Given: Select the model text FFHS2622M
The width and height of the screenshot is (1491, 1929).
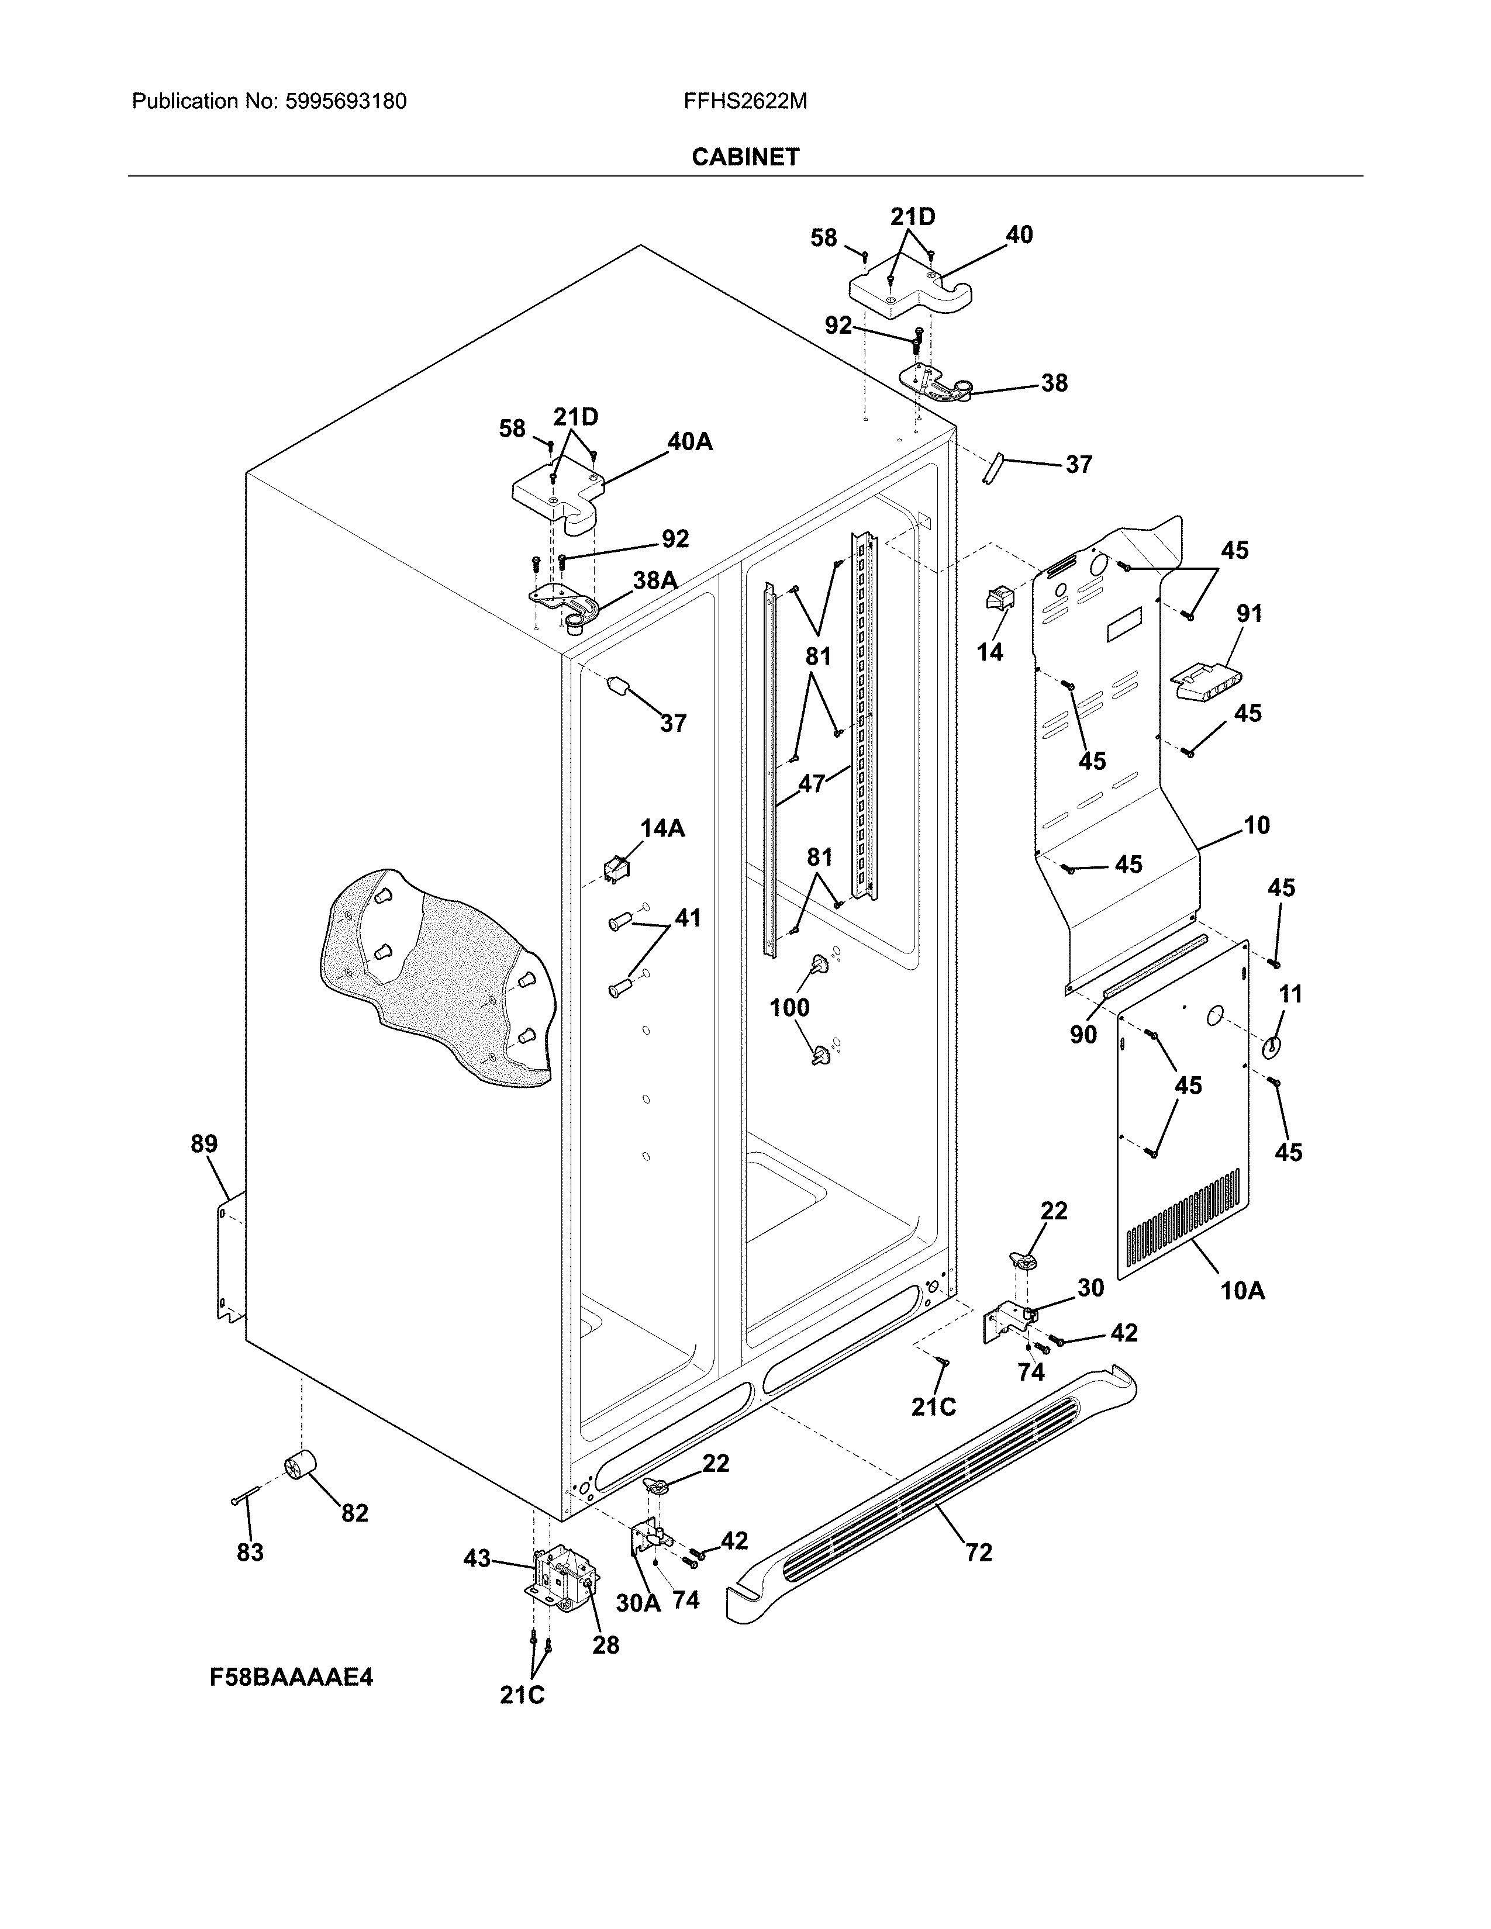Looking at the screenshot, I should click(744, 102).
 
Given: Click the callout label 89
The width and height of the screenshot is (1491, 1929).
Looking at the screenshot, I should click(204, 1144).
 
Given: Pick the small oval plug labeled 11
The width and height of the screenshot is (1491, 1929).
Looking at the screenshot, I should click(1270, 1047).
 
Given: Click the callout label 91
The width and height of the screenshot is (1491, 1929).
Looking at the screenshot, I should click(1249, 613).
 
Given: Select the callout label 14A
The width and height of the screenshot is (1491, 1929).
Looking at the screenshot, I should click(662, 828).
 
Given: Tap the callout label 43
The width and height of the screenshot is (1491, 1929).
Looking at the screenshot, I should click(477, 1559).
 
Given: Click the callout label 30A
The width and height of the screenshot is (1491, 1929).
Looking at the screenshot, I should click(638, 1603).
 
